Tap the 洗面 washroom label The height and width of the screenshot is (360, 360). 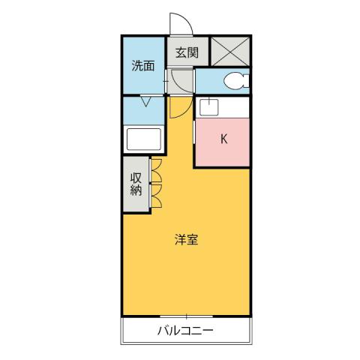pos(143,65)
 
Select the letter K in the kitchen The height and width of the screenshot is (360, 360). pos(223,138)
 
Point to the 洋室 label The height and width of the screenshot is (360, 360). pos(187,240)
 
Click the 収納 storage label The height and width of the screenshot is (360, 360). pos(136,184)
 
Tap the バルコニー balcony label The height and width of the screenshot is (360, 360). pos(186,331)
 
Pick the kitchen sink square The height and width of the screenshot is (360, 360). pos(208,106)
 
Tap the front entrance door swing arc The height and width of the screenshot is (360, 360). pos(181,24)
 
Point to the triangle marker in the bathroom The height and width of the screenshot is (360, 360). pos(144,102)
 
